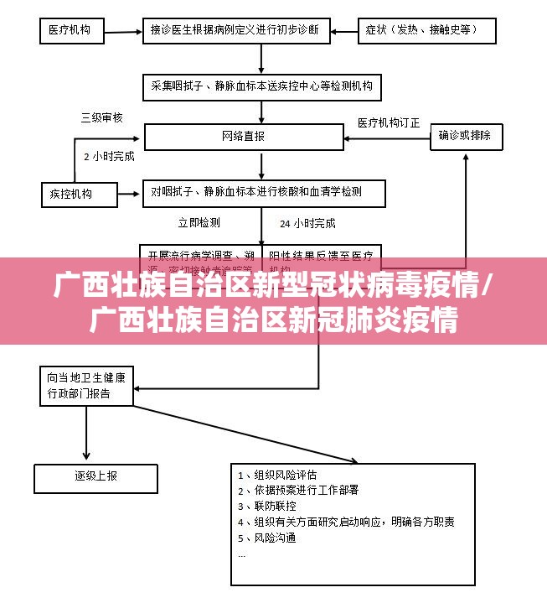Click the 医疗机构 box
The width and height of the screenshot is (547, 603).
[72, 32]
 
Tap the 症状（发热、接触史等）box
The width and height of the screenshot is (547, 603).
[426, 31]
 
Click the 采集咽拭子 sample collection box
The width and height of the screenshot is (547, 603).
[262, 86]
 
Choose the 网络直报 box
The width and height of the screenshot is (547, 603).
[244, 137]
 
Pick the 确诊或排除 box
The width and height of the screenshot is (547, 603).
[466, 136]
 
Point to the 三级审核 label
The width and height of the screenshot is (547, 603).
[101, 117]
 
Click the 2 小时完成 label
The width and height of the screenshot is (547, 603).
[109, 155]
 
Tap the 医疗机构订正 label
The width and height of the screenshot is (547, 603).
[389, 122]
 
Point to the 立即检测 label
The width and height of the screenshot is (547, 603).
[199, 222]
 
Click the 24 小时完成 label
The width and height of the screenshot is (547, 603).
[307, 223]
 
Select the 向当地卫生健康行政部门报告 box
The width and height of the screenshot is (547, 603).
[85, 385]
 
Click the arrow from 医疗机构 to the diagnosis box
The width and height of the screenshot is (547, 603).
[122, 32]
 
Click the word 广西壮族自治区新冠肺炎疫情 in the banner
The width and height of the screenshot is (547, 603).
[273, 320]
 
